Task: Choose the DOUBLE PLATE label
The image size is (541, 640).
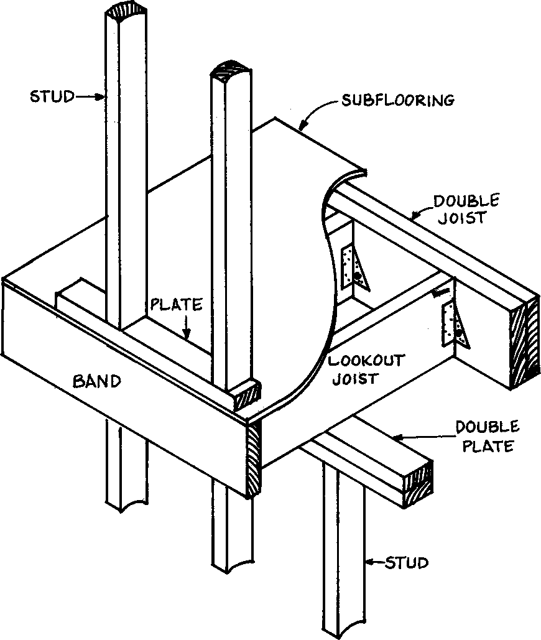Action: [x=487, y=436]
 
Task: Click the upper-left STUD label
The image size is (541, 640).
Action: [x=52, y=96]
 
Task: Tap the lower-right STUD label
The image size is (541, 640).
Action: [x=407, y=563]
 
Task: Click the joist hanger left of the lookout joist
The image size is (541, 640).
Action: [x=353, y=268]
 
